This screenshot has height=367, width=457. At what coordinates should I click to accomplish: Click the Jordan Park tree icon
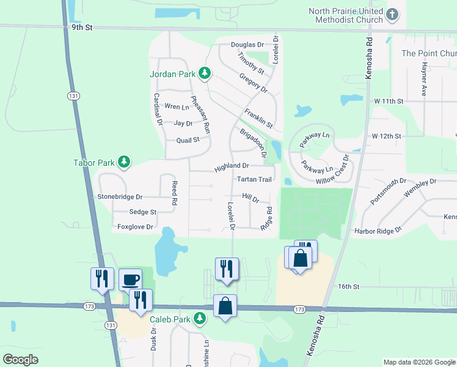pos(205,74)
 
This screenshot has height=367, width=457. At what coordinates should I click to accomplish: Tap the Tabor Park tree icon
pos(125,162)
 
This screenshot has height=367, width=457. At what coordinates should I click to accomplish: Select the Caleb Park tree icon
pos(200,319)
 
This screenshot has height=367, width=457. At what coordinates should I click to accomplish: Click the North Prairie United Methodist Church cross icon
pos(393,13)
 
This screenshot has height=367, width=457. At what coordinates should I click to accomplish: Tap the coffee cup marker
pos(130,280)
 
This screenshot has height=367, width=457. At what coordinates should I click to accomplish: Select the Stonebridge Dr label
pos(120,197)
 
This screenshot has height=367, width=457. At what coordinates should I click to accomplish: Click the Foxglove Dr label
pos(135,226)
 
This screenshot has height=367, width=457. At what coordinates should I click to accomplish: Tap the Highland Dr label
pos(232,166)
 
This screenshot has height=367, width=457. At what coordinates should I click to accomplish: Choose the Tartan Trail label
pos(254,179)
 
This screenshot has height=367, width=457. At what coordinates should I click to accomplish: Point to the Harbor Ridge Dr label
pos(378,231)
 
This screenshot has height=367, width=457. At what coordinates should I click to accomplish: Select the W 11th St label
pos(389,100)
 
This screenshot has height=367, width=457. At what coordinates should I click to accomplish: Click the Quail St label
pos(188,139)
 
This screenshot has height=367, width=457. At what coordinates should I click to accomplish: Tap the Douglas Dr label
pos(247,45)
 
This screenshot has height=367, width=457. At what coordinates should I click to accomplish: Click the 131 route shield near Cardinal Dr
pos(73,96)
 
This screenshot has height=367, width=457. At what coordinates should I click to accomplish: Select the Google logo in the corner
pos(20,360)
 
